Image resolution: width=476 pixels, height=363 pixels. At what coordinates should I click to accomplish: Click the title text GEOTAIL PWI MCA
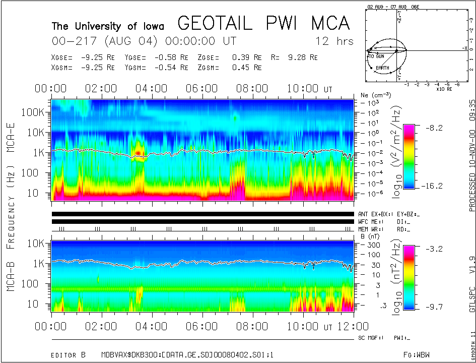click(263, 23)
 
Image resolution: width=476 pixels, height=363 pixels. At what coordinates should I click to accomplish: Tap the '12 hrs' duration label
click(334, 41)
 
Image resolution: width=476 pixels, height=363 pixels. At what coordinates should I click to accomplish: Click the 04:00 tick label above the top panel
click(152, 89)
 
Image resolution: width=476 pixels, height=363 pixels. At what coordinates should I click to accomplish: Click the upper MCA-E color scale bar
click(410, 156)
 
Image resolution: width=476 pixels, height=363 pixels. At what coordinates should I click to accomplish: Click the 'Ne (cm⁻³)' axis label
click(372, 95)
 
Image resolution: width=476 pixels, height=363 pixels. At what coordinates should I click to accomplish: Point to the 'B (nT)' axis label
click(370, 235)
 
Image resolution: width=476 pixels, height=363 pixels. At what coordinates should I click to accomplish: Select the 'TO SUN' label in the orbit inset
click(375, 56)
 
